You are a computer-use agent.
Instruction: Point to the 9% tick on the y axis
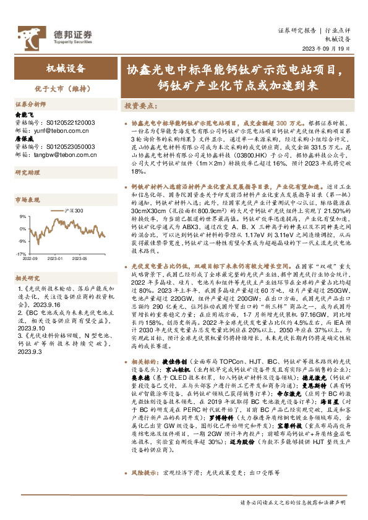pyautogui.click(x=22, y=217)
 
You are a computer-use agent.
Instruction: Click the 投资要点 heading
pyautogui.click(x=140, y=106)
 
